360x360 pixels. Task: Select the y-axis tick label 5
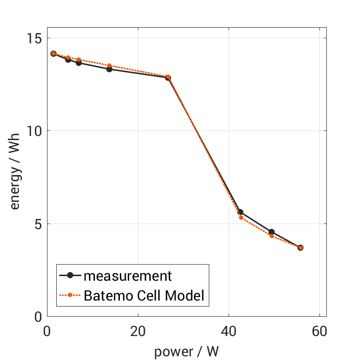pos(37,224)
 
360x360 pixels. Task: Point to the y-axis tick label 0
pos(37,317)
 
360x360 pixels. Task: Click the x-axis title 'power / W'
pos(186,352)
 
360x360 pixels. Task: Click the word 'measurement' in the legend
pos(127,276)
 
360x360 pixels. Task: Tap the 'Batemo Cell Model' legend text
pos(144,295)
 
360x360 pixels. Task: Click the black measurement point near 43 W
pos(240,212)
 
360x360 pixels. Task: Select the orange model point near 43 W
pos(241,218)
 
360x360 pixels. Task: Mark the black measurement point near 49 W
pos(271,232)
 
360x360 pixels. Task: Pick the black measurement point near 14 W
pos(109,69)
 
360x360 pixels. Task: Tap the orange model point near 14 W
pos(109,65)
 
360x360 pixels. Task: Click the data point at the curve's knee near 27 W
pos(168,77)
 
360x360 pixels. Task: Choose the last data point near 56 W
pos(301,248)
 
